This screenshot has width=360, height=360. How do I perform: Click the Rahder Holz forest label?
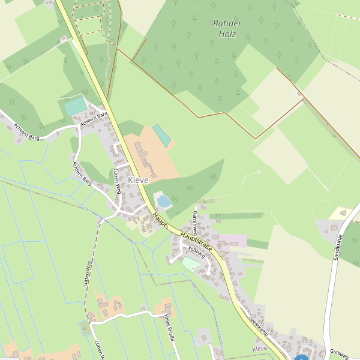pos(227,29)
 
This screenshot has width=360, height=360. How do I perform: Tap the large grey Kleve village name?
pos(139,180)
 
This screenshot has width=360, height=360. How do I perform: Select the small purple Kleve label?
pos(260,349)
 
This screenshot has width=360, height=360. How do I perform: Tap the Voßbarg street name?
pos(197,251)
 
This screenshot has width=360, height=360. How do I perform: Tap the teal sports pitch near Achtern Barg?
pos(76,106)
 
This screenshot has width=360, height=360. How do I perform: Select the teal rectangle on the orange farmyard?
pos(161,135)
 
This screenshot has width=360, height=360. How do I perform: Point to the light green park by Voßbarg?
pos(191,263)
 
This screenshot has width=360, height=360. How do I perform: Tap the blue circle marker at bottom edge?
pos(301,358)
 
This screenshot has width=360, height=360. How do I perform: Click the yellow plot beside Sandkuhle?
pos(341,212)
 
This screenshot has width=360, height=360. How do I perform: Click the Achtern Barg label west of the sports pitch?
pos(26,133)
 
